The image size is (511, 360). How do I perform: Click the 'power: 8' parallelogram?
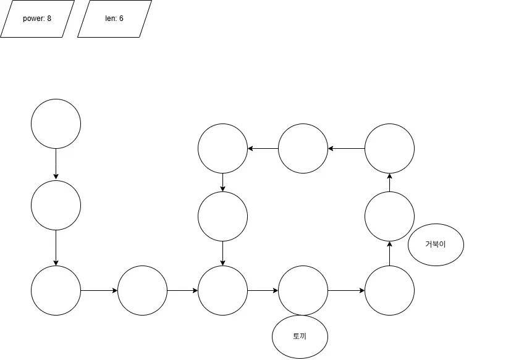[37, 19]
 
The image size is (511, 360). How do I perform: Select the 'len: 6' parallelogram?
[114, 19]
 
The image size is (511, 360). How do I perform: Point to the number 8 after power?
[49, 19]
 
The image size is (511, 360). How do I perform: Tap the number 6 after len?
[121, 19]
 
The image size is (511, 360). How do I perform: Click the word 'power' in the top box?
[33, 19]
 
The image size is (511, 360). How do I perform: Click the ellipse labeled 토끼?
[300, 337]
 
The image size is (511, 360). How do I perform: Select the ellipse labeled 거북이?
[436, 244]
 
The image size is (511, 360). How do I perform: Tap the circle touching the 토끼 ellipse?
[303, 290]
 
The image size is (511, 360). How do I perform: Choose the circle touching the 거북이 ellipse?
[389, 216]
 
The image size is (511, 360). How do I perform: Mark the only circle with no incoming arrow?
[56, 123]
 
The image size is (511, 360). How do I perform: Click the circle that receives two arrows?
[222, 290]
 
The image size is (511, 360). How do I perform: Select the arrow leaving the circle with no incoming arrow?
[56, 164]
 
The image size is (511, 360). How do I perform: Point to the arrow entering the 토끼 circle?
[263, 290]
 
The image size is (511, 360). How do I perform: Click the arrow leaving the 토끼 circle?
[346, 290]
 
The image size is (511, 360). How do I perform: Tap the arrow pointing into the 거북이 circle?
[389, 253]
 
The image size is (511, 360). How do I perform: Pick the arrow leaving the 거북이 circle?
[389, 182]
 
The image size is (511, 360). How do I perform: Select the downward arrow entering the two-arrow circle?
[222, 253]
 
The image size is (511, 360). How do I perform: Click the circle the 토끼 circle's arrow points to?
[389, 290]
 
